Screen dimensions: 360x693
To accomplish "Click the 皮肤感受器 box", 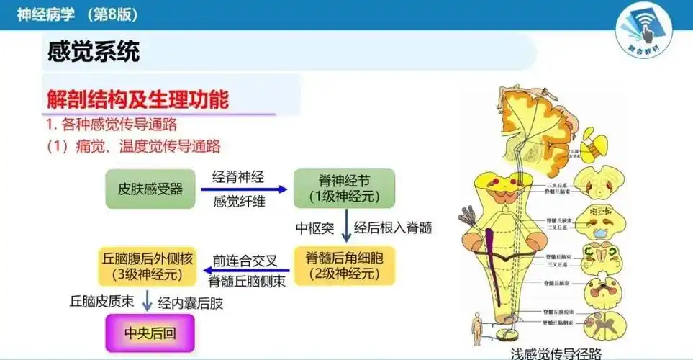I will coord(150,189).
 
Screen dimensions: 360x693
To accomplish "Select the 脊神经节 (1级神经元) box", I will coord(344,189).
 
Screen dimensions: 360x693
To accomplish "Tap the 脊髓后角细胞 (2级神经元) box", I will coord(344,265).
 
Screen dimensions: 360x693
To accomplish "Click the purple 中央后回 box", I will coord(150,333).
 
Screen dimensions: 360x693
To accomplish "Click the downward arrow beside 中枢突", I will coord(346,228).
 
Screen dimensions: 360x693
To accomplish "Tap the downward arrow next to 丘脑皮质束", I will coord(148,301).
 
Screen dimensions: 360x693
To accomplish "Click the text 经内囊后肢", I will coord(191,303).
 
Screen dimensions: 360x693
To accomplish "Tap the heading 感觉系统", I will coord(93,52).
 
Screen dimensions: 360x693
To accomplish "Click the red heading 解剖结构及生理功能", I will coord(137,99).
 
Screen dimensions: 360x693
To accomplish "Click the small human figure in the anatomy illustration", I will coord(477,329).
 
